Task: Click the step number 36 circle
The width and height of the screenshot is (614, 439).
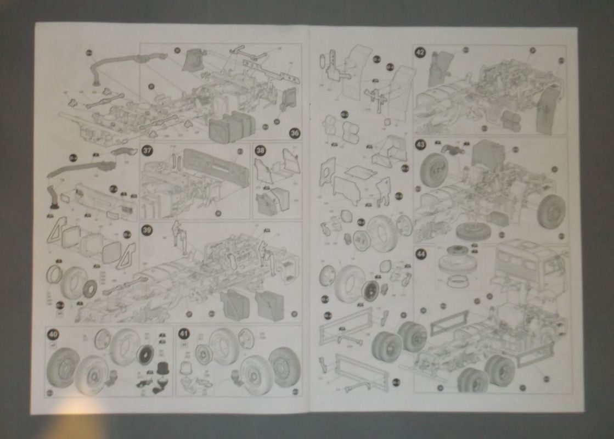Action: [x=295, y=133]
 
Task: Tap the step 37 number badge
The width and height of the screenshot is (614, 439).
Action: [x=147, y=150]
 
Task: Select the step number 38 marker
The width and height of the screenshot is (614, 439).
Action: [x=260, y=150]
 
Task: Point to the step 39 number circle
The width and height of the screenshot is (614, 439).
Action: [x=147, y=230]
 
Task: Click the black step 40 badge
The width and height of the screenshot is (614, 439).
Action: [x=53, y=333]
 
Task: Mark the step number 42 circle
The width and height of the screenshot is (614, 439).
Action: [x=420, y=53]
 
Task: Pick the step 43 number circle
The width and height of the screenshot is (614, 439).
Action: [x=420, y=145]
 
